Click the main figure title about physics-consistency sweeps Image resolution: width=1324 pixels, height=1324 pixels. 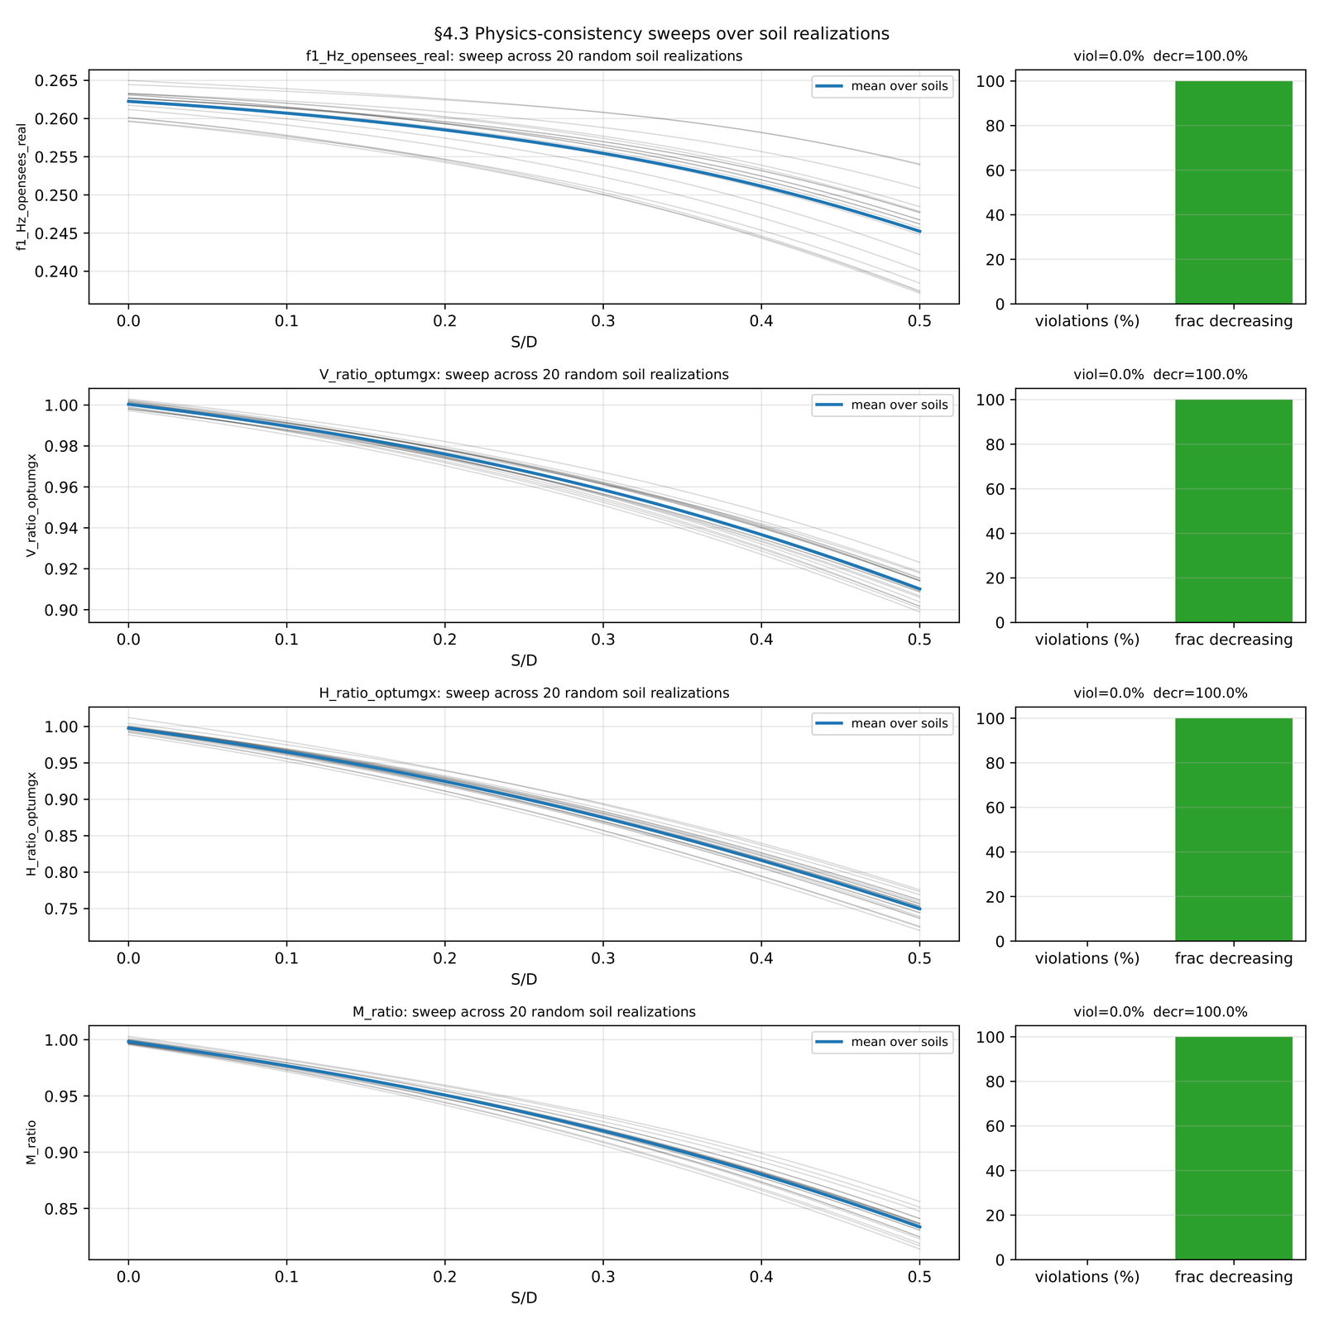pos(661,34)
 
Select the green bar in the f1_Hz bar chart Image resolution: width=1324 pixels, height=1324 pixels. pos(1233,192)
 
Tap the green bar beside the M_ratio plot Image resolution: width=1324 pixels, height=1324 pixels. pos(1233,1148)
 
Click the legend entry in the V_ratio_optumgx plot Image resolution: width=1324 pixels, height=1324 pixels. pos(882,405)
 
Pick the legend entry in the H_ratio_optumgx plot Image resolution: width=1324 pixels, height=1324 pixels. pos(882,723)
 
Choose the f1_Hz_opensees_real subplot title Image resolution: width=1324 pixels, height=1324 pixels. pos(524,56)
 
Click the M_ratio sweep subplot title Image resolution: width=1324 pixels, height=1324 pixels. pos(524,1011)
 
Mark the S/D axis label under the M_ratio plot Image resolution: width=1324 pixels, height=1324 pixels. pos(524,1298)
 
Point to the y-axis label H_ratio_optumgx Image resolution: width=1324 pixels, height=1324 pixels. pos(31,823)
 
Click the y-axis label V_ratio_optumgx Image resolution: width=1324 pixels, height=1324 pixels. pos(31,505)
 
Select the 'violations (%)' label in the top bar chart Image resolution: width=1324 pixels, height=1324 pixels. pos(1087,321)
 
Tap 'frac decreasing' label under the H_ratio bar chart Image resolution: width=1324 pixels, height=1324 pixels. pos(1233,958)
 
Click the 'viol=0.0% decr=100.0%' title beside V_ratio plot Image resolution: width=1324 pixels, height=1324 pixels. pos(1159,374)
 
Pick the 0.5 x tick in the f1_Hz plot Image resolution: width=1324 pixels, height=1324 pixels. pos(919,321)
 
